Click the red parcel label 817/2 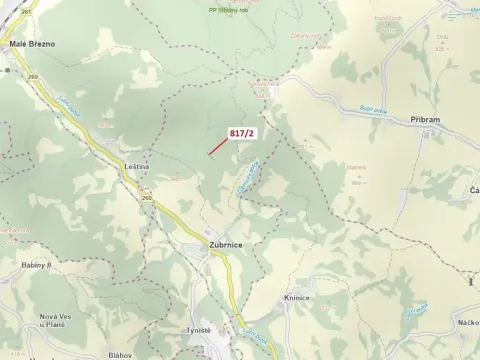[243, 133]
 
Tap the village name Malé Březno [32, 45]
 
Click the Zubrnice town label [227, 244]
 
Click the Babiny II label [42, 265]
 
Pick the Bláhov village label [121, 354]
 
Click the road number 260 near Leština [146, 198]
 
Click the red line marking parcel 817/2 [218, 146]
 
